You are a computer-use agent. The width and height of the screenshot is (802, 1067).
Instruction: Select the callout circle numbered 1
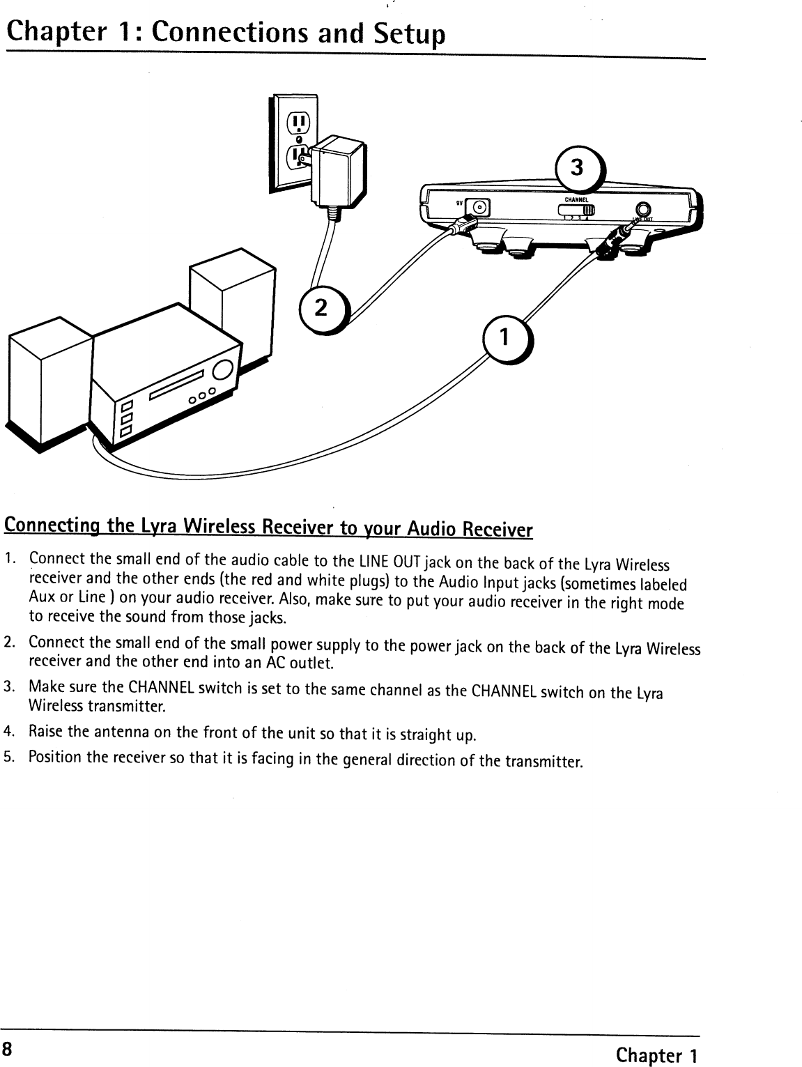pos(505,339)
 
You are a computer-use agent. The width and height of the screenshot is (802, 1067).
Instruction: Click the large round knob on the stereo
pos(224,370)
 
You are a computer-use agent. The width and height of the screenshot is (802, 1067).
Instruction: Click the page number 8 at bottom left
pos(7,1049)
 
